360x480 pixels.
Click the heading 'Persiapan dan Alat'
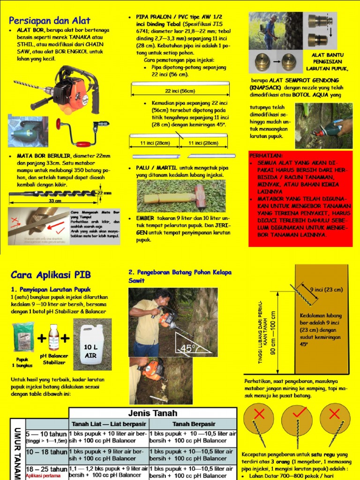tap(50, 20)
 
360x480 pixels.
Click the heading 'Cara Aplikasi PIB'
tap(51, 274)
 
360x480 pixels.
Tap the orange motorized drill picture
tap(70, 89)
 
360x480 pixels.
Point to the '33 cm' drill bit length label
tap(55, 201)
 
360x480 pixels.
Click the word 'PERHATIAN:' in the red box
tap(266, 156)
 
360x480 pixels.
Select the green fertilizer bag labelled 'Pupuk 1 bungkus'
tap(23, 337)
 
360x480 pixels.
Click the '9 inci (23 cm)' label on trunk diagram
tap(326, 289)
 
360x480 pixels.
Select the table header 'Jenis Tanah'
tap(153, 413)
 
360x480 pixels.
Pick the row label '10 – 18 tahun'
tap(46, 452)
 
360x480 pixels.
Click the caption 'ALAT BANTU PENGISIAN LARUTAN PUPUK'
tap(327, 61)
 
